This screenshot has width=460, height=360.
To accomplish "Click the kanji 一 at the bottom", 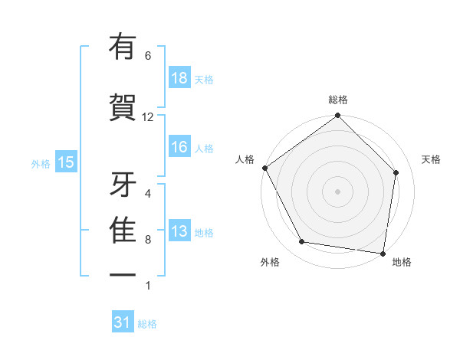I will pos(123,275).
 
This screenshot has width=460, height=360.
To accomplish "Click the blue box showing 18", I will pos(179,78).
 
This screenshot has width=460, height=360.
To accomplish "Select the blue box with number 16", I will pos(179,147).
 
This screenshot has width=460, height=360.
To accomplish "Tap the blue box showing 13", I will pos(179,232).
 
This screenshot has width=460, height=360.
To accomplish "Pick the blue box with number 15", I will pos(65,162).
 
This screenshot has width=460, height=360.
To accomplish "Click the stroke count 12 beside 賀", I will pos(148,116).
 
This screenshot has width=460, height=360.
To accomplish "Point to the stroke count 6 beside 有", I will pos(148,56).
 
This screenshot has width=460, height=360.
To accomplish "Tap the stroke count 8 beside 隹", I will pos(148,240).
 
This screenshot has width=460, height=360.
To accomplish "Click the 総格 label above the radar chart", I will pos(337,100).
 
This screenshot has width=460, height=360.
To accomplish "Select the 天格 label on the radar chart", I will pos(432,159).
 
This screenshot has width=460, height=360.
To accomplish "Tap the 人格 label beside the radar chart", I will pos(245,159).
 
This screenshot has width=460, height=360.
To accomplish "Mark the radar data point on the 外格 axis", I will pos(302,242).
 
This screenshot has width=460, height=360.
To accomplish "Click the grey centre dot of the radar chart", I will pos(337,191).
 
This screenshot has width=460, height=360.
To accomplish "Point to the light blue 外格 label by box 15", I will pos(41,163).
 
